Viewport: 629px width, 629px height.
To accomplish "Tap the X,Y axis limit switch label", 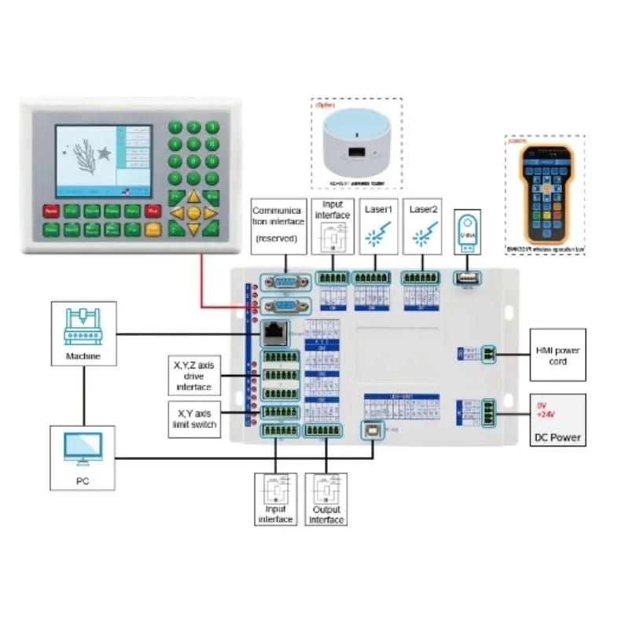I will (193, 419).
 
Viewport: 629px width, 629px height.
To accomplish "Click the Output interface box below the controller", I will (326, 499).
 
